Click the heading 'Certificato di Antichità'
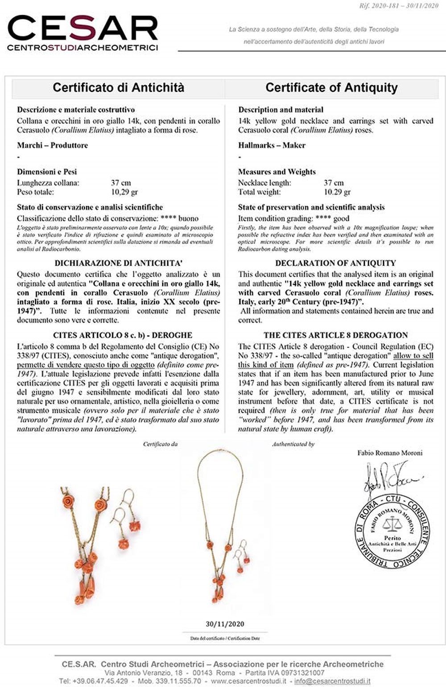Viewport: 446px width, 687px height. pyautogui.click(x=118, y=87)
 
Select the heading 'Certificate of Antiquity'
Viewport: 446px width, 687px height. pyautogui.click(x=331, y=87)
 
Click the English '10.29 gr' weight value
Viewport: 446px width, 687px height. pyautogui.click(x=337, y=192)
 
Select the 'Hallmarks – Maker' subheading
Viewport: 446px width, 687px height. pyautogui.click(x=272, y=145)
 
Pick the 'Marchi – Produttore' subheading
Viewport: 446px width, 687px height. pyautogui.click(x=52, y=145)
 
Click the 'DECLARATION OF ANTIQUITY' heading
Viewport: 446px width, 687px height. pyautogui.click(x=335, y=263)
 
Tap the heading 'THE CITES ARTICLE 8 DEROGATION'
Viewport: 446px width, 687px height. pyautogui.click(x=335, y=335)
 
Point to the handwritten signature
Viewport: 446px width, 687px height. pyautogui.click(x=390, y=479)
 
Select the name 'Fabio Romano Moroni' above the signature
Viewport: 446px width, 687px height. pyautogui.click(x=390, y=453)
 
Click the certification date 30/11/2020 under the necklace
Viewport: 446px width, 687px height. pyautogui.click(x=225, y=624)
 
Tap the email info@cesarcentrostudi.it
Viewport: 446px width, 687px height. pyautogui.click(x=332, y=681)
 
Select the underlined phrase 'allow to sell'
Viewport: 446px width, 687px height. pyautogui.click(x=413, y=356)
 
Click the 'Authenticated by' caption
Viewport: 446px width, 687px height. pyautogui.click(x=293, y=444)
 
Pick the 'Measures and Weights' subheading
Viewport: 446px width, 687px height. pyautogui.click(x=277, y=172)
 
